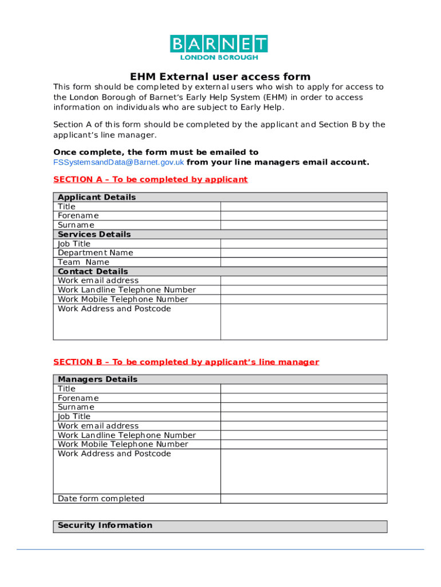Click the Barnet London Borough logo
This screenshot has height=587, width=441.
tap(219, 47)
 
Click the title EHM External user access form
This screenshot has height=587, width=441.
tap(220, 77)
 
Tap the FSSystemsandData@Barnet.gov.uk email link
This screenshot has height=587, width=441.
tap(119, 162)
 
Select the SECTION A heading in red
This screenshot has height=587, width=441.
tap(150, 179)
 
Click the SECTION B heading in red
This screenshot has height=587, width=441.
tap(186, 362)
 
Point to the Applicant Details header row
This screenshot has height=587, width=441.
tap(220, 197)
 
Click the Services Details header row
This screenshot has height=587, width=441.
tap(220, 234)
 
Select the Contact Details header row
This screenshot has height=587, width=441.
tap(220, 271)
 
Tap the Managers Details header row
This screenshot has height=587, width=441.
tap(220, 379)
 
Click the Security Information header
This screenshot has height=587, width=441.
tap(220, 526)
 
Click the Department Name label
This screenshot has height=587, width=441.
tap(95, 253)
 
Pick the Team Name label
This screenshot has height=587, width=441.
tap(83, 262)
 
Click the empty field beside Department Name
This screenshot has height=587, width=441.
tap(304, 253)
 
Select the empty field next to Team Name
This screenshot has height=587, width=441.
tap(304, 262)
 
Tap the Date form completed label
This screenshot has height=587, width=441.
tap(101, 499)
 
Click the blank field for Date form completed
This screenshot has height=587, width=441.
tap(304, 499)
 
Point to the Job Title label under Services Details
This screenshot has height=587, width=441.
tap(74, 244)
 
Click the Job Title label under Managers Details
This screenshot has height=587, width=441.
tap(74, 417)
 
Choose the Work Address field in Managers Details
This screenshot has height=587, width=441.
tap(304, 471)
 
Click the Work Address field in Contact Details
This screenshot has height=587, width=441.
tap(304, 322)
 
